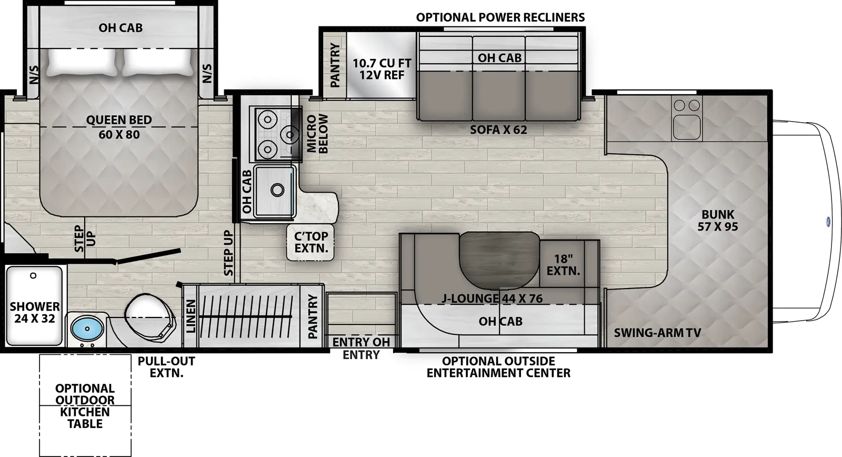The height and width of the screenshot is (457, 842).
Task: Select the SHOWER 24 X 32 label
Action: [x=35, y=312]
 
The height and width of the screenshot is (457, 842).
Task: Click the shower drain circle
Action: [x=33, y=275]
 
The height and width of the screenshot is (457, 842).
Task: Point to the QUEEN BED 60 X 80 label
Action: [x=119, y=127]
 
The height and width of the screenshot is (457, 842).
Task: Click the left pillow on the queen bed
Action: [x=82, y=62]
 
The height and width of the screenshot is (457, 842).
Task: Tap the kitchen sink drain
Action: [x=277, y=190]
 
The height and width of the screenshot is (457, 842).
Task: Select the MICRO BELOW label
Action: [x=317, y=134]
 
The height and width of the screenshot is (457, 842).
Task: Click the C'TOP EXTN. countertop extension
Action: [x=311, y=242]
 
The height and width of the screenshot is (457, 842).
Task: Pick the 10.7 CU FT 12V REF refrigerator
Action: [x=382, y=69]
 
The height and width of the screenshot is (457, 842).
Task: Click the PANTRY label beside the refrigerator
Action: [x=335, y=65]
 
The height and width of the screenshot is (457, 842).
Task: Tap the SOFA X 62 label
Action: [x=498, y=130]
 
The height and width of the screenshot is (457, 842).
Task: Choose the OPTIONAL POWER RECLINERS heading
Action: [x=500, y=17]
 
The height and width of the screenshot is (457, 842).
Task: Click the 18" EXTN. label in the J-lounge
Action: [x=563, y=265]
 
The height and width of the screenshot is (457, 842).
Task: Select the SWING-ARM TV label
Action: [x=657, y=333]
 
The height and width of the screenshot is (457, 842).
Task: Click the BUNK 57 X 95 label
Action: [x=717, y=221]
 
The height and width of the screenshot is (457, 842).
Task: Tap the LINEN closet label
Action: [x=191, y=316]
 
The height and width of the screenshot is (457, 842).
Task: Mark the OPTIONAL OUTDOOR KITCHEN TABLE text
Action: [x=85, y=406]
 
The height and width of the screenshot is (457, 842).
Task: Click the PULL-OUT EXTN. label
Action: [x=166, y=367]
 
